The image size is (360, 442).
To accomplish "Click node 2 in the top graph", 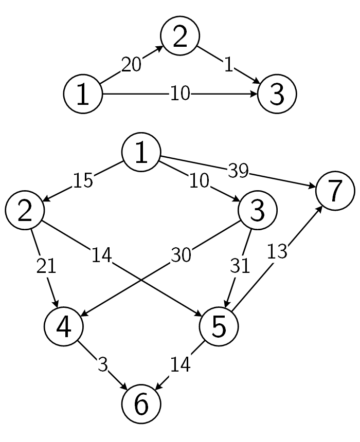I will (179, 37).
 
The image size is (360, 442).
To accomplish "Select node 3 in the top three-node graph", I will (276, 95).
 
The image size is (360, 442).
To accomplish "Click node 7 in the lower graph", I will (335, 191).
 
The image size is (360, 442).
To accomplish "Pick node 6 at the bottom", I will (141, 404).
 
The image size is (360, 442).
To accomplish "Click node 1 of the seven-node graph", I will (141, 153).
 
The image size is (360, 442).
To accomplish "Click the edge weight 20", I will (131, 65).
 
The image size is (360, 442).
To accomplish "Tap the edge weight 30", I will (181, 255).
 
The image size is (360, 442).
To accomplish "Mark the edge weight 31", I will (240, 265).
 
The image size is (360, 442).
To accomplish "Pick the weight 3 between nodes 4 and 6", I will (102, 364).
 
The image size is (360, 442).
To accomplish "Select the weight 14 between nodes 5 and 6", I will (181, 364).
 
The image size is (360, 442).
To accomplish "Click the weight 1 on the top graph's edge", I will (228, 64).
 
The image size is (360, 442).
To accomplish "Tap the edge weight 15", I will (83, 181).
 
